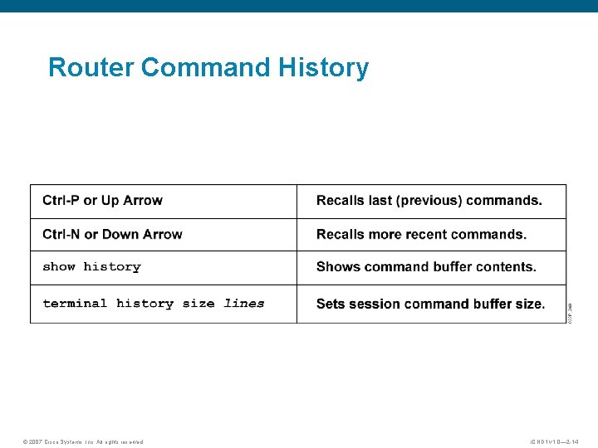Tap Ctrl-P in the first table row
pyautogui.click(x=61, y=201)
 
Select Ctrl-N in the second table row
pyautogui.click(x=61, y=235)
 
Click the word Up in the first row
pyautogui.click(x=110, y=201)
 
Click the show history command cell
pyautogui.click(x=91, y=267)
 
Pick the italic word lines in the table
pyautogui.click(x=244, y=304)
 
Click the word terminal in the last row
pyautogui.click(x=75, y=304)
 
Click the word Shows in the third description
pyautogui.click(x=338, y=267)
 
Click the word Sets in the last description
pyautogui.click(x=331, y=304)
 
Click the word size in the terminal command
pyautogui.click(x=199, y=304)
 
